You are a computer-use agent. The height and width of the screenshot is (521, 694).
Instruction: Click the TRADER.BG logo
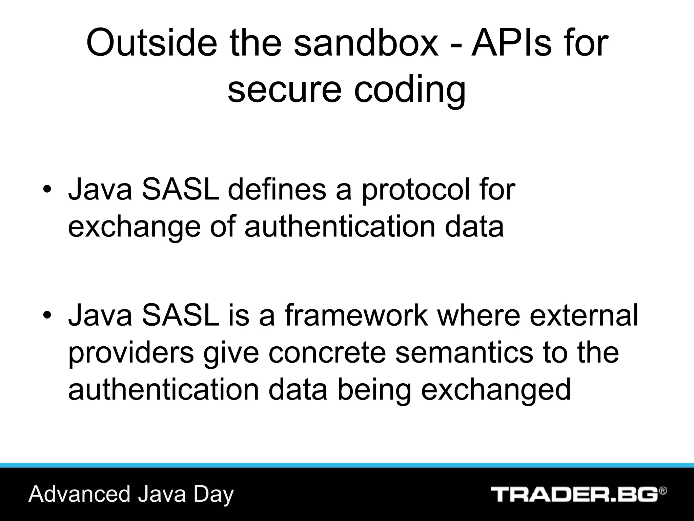click(574, 494)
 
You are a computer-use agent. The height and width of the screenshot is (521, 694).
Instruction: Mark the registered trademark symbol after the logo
click(663, 491)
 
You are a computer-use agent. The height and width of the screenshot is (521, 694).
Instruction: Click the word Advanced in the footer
click(79, 494)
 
